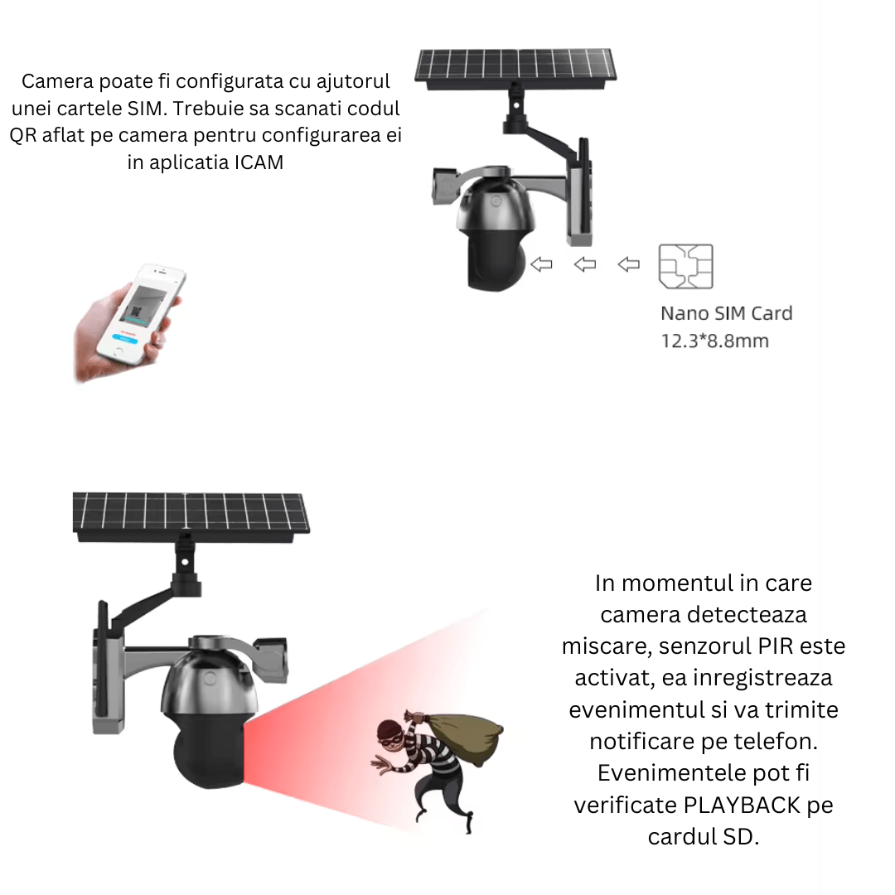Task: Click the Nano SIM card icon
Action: click(685, 266)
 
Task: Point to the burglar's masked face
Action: click(391, 733)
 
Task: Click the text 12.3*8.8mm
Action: click(714, 341)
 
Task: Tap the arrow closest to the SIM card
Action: click(629, 264)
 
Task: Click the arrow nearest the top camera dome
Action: click(542, 264)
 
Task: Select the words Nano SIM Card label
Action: click(726, 313)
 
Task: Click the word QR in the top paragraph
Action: click(23, 135)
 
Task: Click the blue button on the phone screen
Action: click(127, 337)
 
